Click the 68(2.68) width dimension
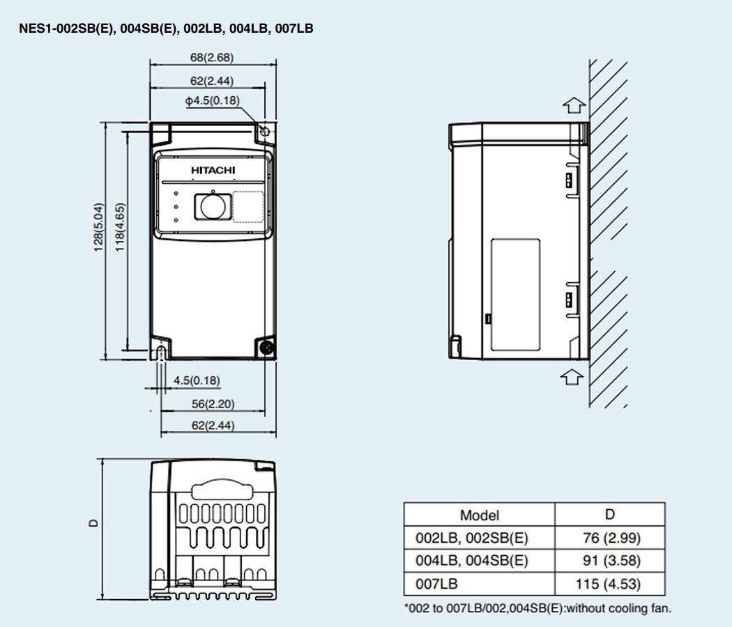point(212,58)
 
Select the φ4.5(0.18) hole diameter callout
point(212,101)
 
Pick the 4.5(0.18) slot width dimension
point(197,380)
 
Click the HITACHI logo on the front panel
point(213,170)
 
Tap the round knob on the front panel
point(211,206)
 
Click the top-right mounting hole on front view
point(265,132)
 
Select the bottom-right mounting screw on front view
point(265,347)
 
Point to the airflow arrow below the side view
point(572,376)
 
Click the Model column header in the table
point(479,516)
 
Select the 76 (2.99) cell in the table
point(610,538)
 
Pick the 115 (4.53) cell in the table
point(610,584)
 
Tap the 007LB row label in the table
point(436,584)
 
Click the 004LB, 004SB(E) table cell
point(471,561)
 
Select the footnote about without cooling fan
point(537,608)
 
